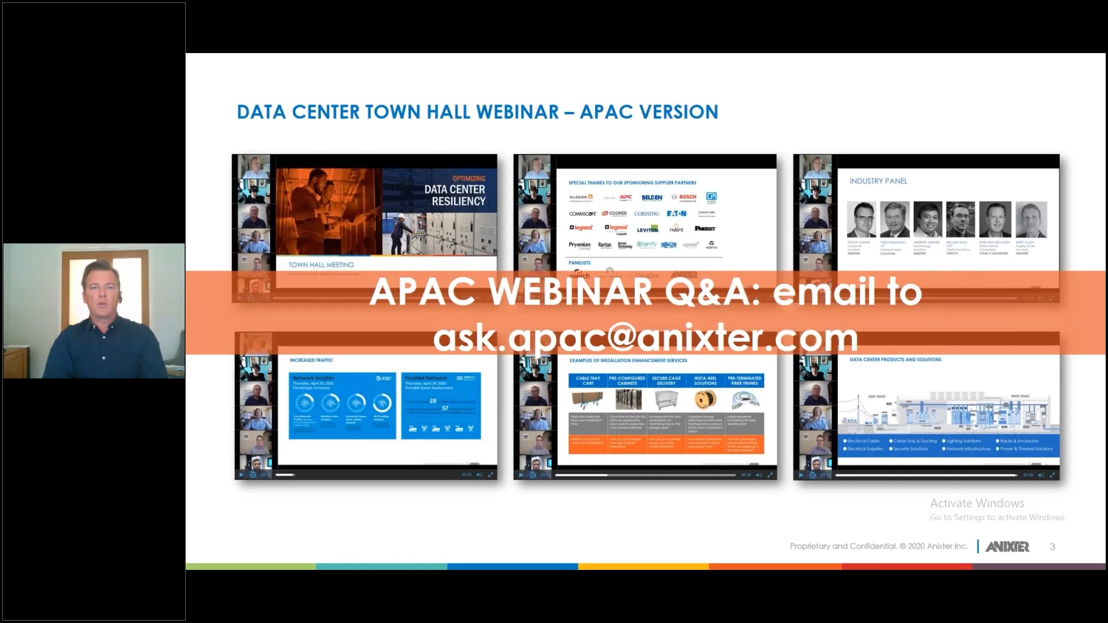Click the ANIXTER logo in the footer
tap(1007, 546)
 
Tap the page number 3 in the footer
tap(1052, 546)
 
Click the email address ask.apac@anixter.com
tap(645, 338)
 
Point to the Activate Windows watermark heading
tap(977, 503)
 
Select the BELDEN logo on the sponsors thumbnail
tap(652, 197)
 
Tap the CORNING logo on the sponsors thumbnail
tap(646, 213)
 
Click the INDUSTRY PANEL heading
tap(878, 181)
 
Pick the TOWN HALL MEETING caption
tap(321, 265)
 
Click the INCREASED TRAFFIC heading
tap(311, 360)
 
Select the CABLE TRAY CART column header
tap(587, 381)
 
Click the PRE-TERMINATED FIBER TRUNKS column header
tap(744, 381)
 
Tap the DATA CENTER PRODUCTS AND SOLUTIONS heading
tap(895, 359)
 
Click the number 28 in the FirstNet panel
tap(433, 400)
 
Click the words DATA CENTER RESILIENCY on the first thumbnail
tap(455, 195)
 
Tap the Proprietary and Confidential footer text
tap(878, 546)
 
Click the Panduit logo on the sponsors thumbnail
tap(705, 228)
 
